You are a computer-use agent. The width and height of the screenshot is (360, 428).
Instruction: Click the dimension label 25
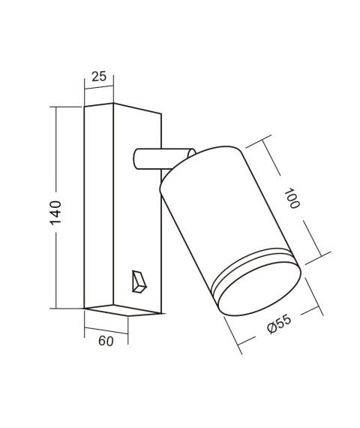tap(98, 77)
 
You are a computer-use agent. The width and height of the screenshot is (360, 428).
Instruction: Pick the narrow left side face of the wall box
tap(98, 206)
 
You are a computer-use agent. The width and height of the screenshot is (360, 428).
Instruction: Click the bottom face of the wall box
tap(124, 309)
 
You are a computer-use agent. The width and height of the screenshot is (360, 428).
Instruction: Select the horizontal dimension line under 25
tap(98, 88)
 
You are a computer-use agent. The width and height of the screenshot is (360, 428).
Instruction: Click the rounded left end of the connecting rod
tap(136, 158)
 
